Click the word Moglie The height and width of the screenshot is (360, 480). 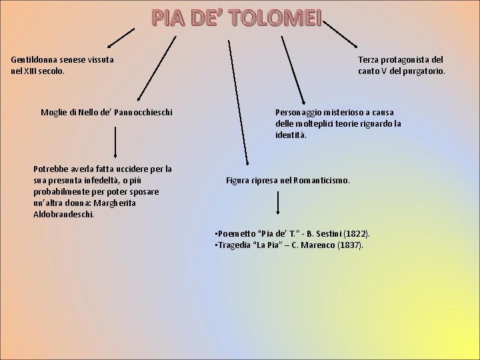55,109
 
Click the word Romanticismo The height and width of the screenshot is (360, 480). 326,180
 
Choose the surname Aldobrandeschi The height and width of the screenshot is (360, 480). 64,214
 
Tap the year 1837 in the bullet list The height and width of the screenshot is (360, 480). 347,245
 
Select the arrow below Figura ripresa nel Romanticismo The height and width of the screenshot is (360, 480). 279,203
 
